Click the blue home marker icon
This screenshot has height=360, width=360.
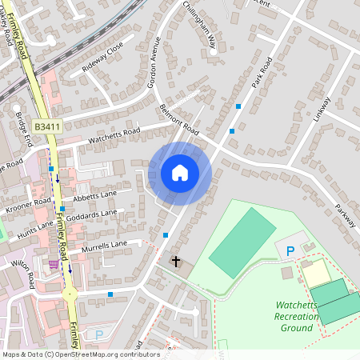(x=180, y=172)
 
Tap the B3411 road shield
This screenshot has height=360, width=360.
(x=48, y=126)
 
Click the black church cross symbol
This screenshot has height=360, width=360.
(x=176, y=262)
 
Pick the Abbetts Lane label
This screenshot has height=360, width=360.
(x=95, y=195)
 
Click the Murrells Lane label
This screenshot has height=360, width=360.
(x=103, y=243)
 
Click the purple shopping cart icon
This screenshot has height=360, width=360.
(x=54, y=265)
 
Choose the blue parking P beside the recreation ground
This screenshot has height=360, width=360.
(x=290, y=251)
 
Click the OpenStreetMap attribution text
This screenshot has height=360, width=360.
(x=82, y=354)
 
